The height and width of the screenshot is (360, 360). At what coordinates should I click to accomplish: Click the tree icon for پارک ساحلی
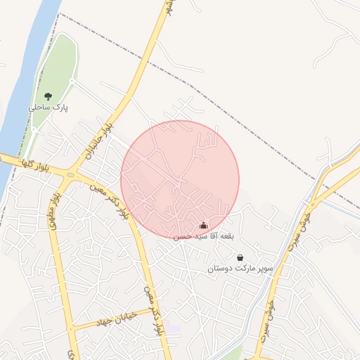coord(48,96)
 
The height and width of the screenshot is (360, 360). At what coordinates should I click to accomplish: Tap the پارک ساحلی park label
coord(46,108)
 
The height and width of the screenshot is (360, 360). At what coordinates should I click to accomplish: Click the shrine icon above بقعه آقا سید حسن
coord(204,226)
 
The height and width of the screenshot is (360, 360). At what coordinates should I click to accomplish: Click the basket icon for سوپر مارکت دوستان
coord(240,258)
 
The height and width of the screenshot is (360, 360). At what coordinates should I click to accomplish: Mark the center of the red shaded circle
coord(180,179)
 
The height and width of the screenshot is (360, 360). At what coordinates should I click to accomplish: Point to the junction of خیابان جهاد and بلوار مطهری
coord(72,328)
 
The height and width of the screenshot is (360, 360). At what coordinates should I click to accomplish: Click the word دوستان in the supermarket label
coord(221,269)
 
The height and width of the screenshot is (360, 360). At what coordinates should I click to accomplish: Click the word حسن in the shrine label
coord(181,237)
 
